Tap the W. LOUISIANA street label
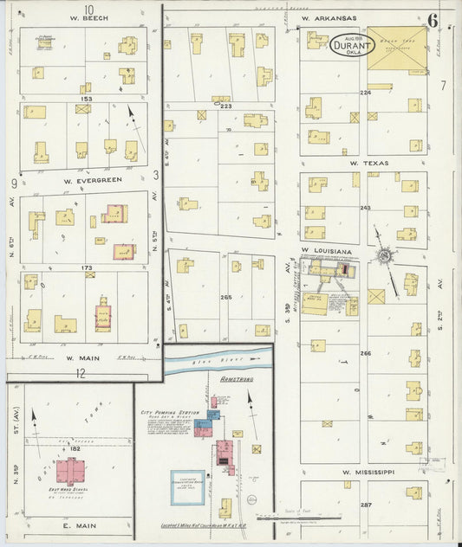tap(326, 251)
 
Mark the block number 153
tap(86, 98)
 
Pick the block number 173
tap(86, 268)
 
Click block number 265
tap(227, 297)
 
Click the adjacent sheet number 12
tap(81, 374)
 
